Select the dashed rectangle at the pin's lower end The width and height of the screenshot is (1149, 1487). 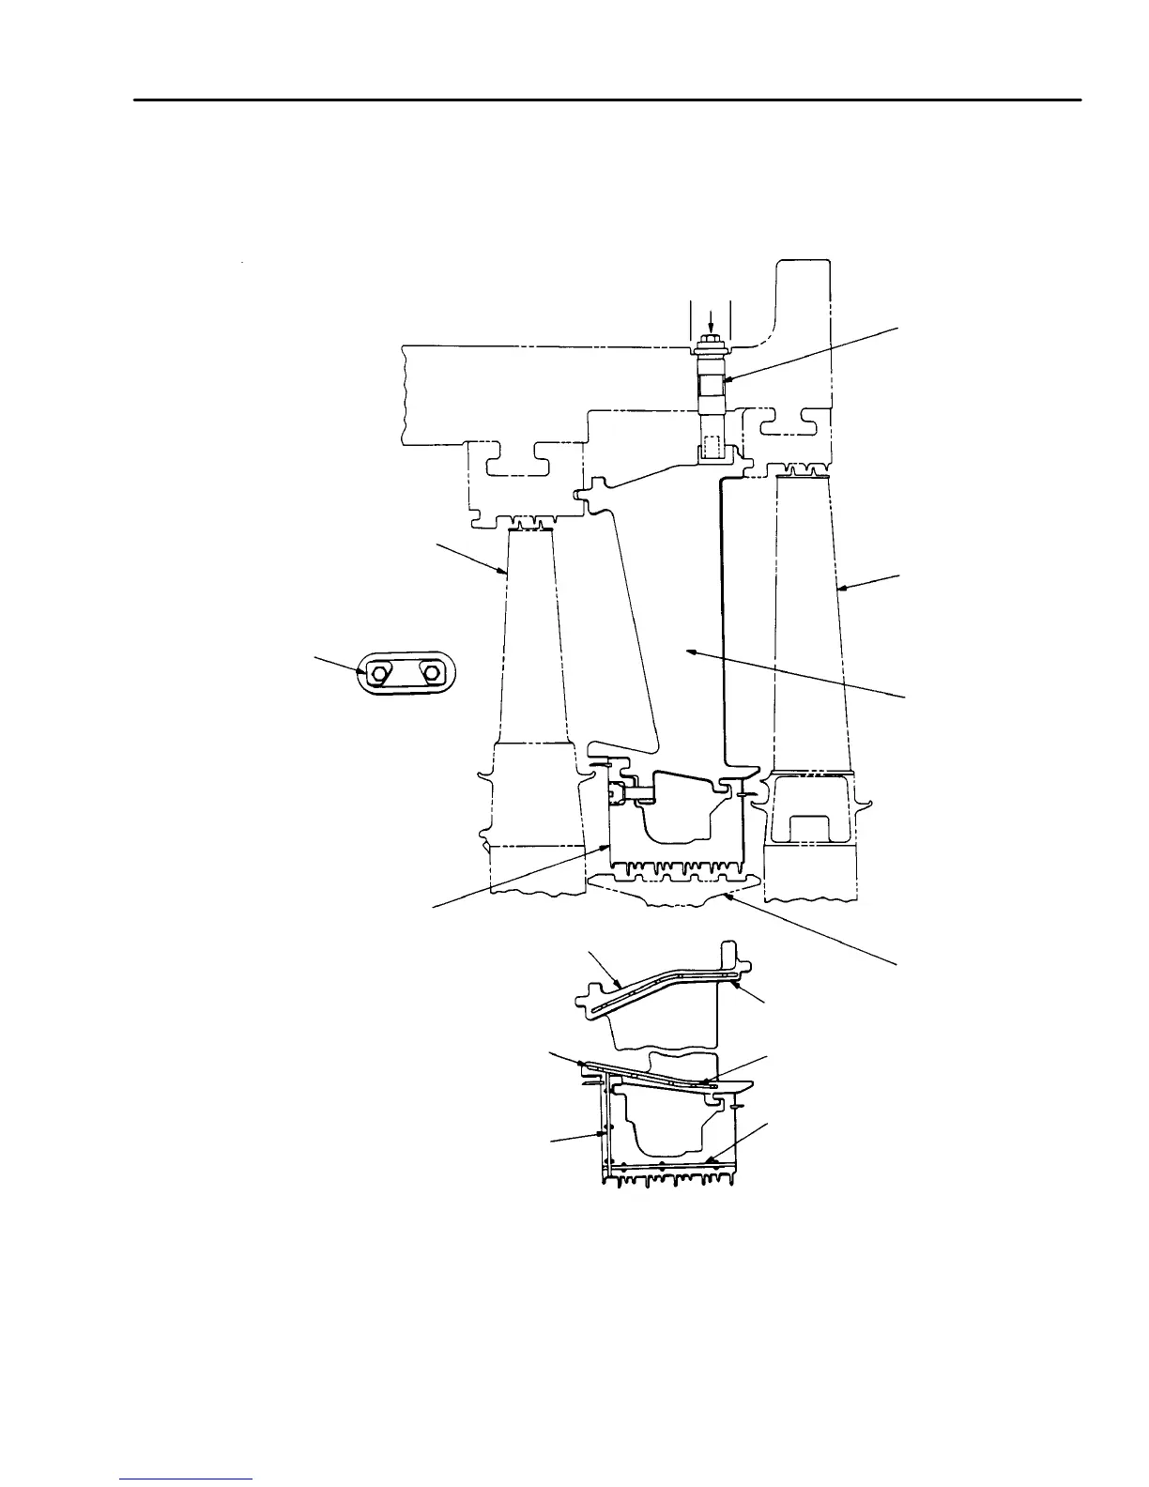click(x=711, y=445)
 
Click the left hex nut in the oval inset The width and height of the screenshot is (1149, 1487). click(x=379, y=673)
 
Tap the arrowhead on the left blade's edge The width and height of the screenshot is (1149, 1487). click(x=505, y=573)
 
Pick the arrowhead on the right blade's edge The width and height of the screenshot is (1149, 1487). click(x=839, y=589)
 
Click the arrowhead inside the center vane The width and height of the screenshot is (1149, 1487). click(x=688, y=648)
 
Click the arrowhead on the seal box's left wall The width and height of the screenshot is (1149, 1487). click(x=607, y=846)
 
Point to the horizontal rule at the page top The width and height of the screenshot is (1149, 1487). click(x=608, y=99)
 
